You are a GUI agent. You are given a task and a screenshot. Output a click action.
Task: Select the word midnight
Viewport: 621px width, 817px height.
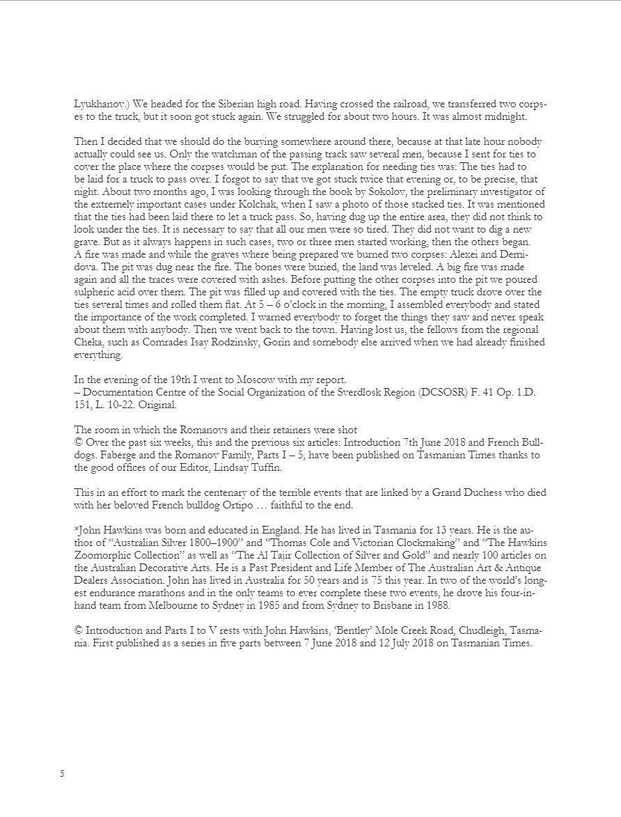click(513, 116)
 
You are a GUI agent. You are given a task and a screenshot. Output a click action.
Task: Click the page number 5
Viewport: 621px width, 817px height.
click(62, 773)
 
